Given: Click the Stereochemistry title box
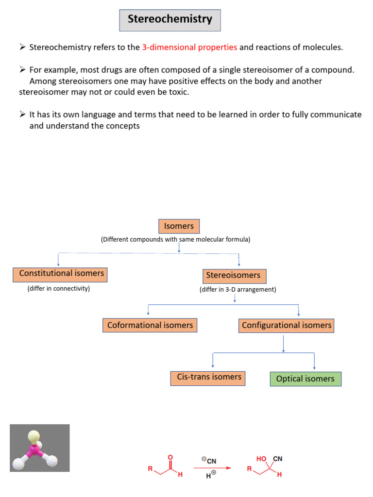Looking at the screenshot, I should (x=170, y=20).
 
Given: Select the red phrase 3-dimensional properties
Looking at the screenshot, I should (x=189, y=47).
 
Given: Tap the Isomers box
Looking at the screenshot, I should (x=179, y=226).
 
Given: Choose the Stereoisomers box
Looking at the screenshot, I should (x=233, y=276).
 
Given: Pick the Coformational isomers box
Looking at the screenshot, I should (x=150, y=325).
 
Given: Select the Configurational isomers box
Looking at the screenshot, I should (x=287, y=325).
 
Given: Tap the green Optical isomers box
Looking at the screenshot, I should (x=305, y=379).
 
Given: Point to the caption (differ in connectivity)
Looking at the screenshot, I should (x=59, y=289).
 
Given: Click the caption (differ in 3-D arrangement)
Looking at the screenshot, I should (x=237, y=290).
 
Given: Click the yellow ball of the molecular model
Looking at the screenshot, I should (x=34, y=436).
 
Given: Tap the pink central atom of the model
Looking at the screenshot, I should (x=34, y=450).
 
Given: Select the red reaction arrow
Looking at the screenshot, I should (x=212, y=468).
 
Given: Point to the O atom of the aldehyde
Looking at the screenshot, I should (x=170, y=457).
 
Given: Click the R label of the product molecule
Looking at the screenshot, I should (x=249, y=469).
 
